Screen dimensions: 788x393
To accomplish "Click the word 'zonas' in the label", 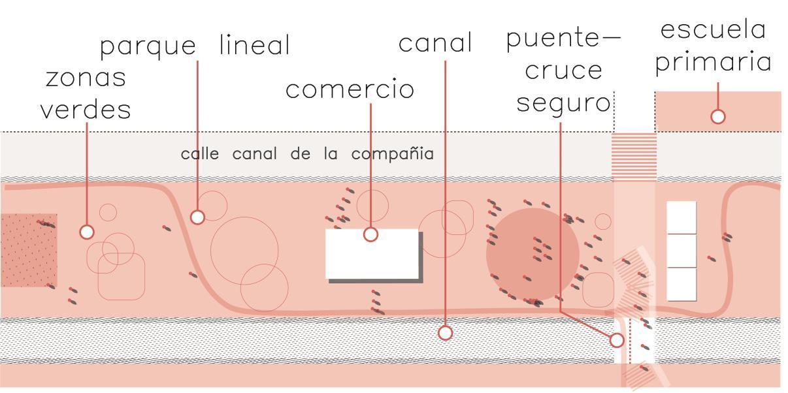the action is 85,78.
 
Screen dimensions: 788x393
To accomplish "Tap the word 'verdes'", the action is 85,109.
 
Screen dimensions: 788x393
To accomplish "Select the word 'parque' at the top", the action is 148,46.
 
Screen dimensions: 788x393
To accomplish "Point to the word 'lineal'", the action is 254,45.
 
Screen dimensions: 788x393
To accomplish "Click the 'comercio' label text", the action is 350,89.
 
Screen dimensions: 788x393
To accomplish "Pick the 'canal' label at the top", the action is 435,43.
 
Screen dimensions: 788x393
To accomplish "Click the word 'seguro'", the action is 563,102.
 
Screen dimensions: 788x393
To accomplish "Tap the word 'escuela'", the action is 713,29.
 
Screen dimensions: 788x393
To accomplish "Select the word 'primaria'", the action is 713,63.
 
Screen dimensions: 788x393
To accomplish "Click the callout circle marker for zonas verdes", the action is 86,231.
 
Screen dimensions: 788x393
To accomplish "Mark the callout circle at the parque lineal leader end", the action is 197,217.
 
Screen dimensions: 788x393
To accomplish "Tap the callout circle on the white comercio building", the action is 370,234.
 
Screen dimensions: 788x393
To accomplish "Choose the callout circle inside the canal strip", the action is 445,333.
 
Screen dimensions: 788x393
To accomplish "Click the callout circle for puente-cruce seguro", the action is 616,340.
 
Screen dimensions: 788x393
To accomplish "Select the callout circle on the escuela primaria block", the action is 717,116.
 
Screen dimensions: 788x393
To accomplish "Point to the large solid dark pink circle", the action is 532,254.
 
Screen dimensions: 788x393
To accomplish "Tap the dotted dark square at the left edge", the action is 28,250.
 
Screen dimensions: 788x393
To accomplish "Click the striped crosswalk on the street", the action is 634,156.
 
